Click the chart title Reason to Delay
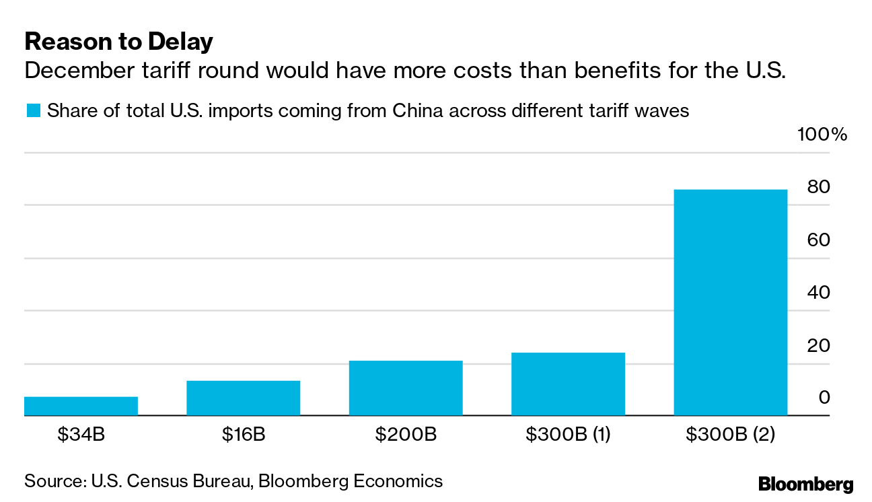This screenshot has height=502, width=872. click(118, 42)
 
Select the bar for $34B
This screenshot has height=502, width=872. click(81, 406)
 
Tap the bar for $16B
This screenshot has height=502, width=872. click(244, 398)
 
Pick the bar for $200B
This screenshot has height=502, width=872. click(406, 388)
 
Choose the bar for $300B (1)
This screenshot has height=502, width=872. click(568, 384)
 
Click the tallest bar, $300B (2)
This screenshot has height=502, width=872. click(730, 303)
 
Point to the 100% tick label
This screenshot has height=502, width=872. click(822, 135)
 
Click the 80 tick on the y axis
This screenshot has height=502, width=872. click(819, 187)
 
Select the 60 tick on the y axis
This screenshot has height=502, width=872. click(819, 240)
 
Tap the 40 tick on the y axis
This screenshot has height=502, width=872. click(819, 293)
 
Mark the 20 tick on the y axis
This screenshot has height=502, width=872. click(819, 346)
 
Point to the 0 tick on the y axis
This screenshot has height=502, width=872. click(824, 398)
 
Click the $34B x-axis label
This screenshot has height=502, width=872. click(81, 435)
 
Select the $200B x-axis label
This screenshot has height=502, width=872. click(406, 435)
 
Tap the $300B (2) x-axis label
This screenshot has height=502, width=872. click(731, 435)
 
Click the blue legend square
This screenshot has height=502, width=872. click(32, 110)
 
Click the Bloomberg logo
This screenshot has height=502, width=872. click(805, 484)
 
